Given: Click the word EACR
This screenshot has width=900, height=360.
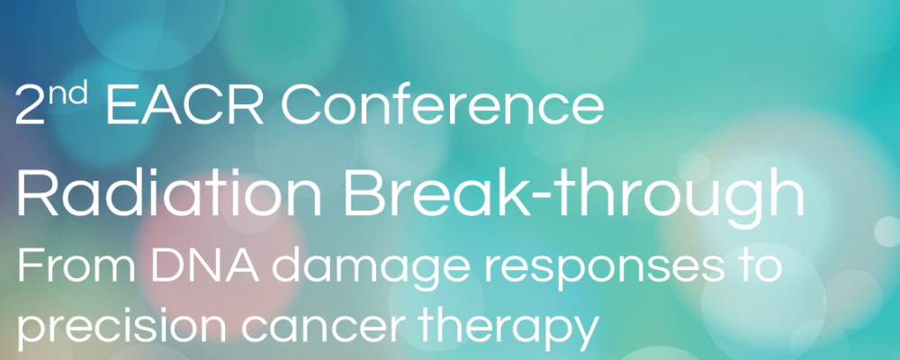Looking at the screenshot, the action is pos(184,105).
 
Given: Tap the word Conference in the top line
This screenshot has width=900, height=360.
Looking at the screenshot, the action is pos(442,105).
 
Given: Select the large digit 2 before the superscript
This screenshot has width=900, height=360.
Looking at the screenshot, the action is pos(30,105).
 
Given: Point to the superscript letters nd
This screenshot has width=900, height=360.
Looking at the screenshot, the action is pos(67,94).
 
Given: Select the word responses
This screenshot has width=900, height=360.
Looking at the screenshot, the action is pos(595,270).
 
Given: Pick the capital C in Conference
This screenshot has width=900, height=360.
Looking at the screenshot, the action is pos(301,105).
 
